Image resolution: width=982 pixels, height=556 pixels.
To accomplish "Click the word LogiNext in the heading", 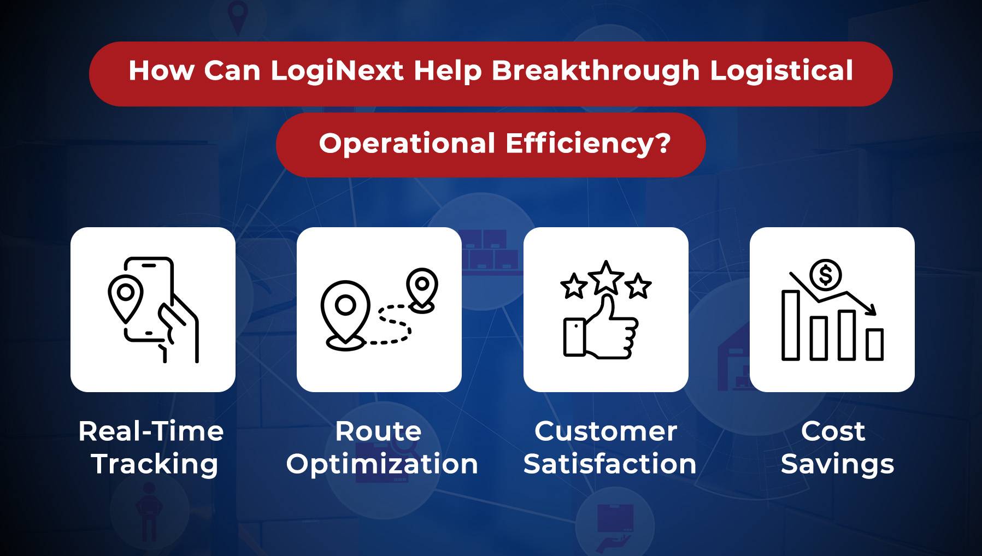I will pyautogui.click(x=337, y=72).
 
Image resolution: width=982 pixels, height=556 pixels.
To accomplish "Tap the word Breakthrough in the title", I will pyautogui.click(x=596, y=72).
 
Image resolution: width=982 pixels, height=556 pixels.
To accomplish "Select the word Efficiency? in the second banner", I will pyautogui.click(x=587, y=144).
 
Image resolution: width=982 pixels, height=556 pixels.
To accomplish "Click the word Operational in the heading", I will pyautogui.click(x=407, y=144).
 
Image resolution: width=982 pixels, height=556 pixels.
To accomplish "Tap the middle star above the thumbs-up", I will pyautogui.click(x=606, y=277).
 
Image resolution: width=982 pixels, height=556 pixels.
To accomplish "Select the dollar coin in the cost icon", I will pyautogui.click(x=826, y=274).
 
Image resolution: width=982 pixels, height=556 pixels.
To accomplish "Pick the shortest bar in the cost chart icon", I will pyautogui.click(x=874, y=344).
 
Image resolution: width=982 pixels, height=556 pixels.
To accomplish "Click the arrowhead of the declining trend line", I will pyautogui.click(x=872, y=311).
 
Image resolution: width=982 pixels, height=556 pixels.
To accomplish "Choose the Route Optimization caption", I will pyautogui.click(x=381, y=447).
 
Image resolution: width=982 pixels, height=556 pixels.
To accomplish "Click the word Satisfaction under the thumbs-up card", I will pyautogui.click(x=610, y=464).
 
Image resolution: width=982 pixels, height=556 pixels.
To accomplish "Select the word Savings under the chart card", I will pyautogui.click(x=837, y=464).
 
